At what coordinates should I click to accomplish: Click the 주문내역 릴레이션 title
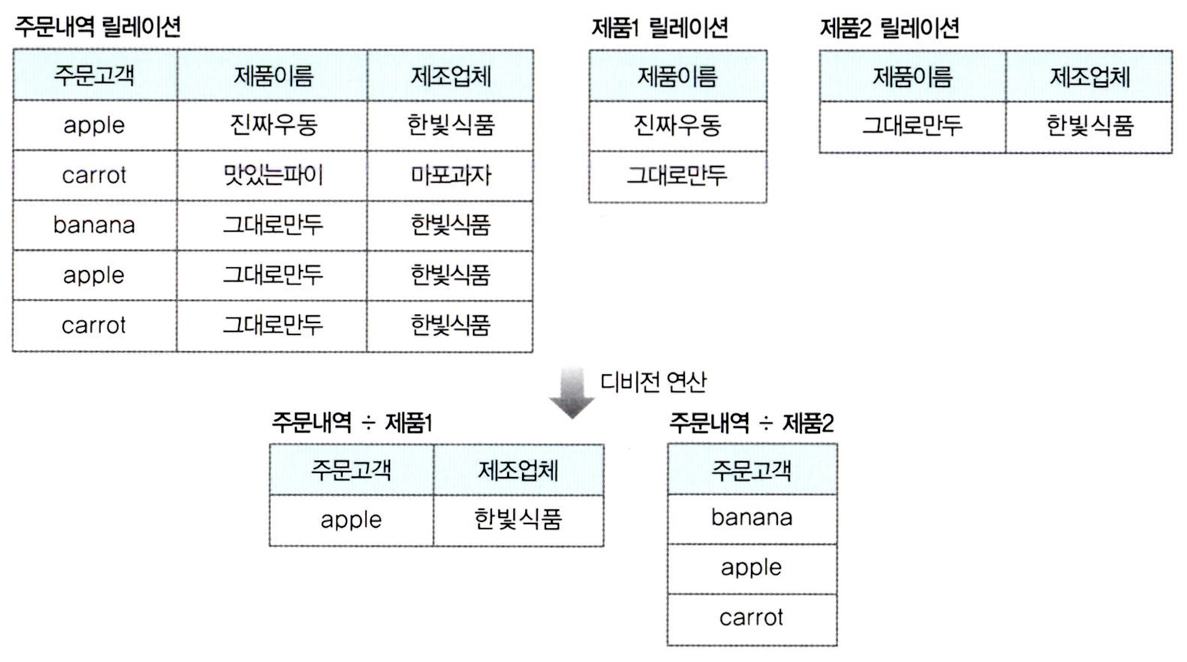[97, 28]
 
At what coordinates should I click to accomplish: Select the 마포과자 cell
[451, 175]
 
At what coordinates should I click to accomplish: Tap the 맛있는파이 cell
[273, 175]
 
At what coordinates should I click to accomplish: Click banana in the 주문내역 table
[94, 225]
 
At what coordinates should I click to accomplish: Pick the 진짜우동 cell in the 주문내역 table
[273, 125]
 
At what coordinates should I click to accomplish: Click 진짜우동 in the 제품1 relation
[677, 125]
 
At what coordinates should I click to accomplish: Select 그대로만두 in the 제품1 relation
[677, 175]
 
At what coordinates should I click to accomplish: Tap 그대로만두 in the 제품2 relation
[912, 125]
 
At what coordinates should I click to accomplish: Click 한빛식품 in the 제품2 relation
[1090, 125]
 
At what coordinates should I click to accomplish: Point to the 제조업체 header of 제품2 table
[1090, 76]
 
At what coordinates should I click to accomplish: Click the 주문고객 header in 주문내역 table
[94, 75]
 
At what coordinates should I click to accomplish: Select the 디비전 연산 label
[653, 381]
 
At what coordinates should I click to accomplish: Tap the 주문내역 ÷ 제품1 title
[352, 423]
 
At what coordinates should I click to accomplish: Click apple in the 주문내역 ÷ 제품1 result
[351, 520]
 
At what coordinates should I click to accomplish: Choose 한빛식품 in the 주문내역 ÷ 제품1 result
[518, 519]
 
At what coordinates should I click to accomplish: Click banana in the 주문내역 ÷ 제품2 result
[752, 517]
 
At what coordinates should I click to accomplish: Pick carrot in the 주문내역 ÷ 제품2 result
[752, 617]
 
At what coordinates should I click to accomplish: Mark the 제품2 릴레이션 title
[889, 28]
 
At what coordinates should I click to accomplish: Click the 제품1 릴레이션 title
[660, 28]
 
